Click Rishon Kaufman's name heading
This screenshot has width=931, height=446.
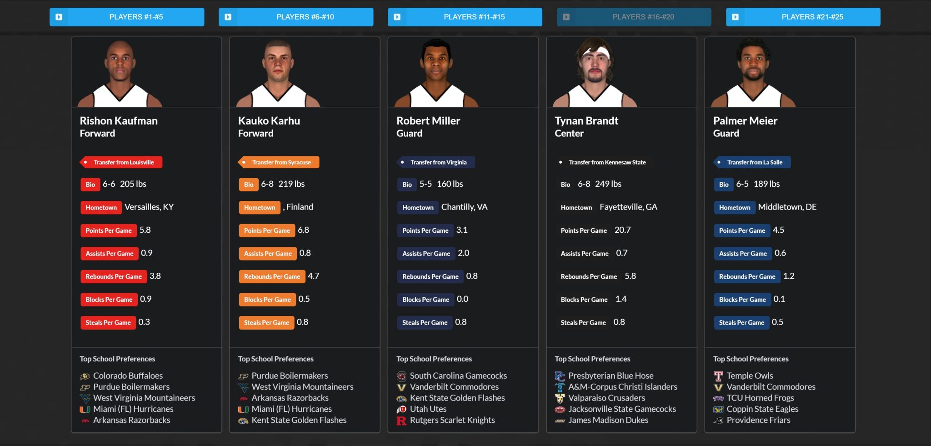(x=119, y=121)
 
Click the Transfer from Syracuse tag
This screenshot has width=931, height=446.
(x=279, y=162)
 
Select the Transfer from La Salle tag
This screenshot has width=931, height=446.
(x=752, y=162)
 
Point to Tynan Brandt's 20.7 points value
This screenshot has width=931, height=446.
(x=622, y=230)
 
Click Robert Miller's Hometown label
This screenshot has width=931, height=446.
(x=417, y=208)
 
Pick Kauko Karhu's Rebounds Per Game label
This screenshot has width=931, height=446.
(x=272, y=276)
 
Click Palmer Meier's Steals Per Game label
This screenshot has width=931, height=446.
(x=741, y=323)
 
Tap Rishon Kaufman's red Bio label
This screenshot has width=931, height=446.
(x=90, y=185)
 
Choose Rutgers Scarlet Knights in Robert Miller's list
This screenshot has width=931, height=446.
(x=452, y=420)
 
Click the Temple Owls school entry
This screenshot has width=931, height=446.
(x=750, y=376)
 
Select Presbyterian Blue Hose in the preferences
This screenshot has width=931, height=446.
(x=611, y=376)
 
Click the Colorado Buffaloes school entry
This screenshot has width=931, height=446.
(x=128, y=376)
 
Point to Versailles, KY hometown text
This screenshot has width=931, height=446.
(x=149, y=207)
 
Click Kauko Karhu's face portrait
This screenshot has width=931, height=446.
(x=278, y=66)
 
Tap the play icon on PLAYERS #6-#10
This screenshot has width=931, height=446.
(x=228, y=17)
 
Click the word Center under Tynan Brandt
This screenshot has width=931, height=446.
(x=569, y=134)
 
